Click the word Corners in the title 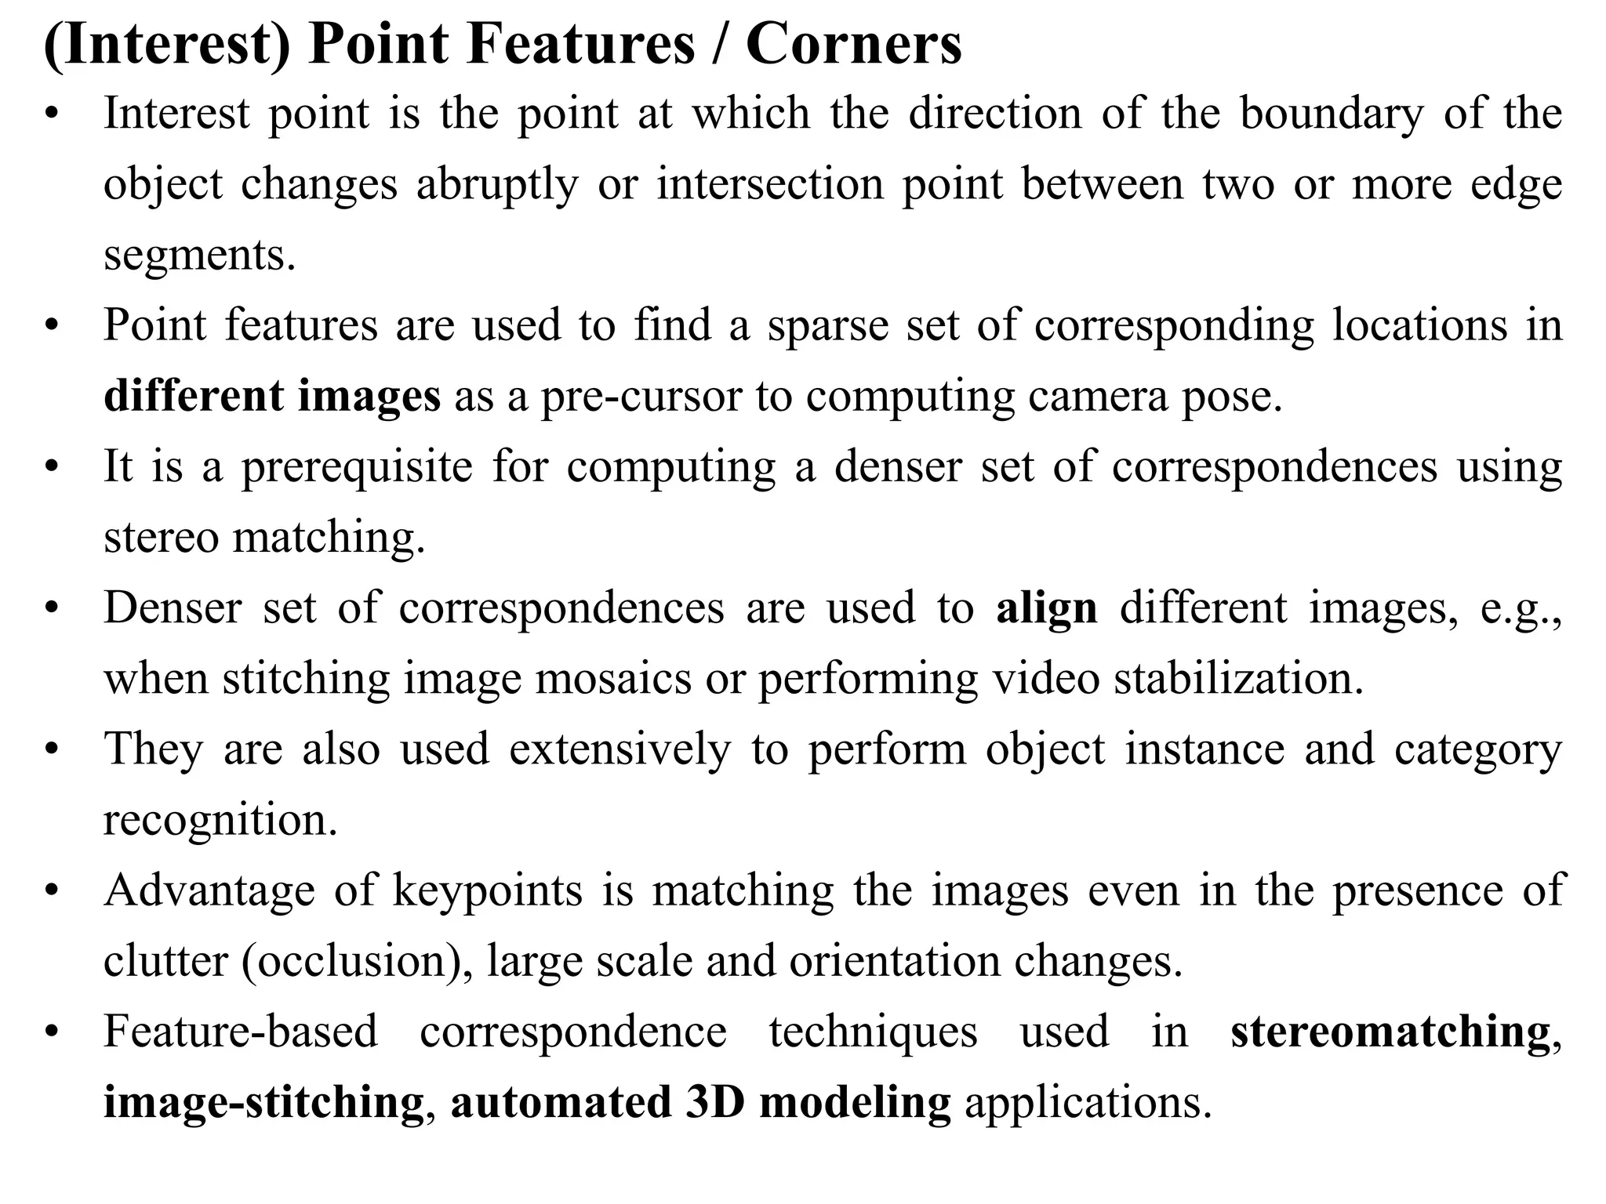(x=853, y=44)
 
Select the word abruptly (x=496, y=184)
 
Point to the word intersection (x=768, y=184)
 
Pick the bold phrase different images (x=272, y=396)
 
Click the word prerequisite (x=357, y=466)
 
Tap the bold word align (x=1046, y=607)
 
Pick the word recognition (x=220, y=819)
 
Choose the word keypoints (x=488, y=890)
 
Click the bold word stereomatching (x=1390, y=1032)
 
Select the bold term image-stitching (x=264, y=1102)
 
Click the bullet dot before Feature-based (x=52, y=1032)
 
